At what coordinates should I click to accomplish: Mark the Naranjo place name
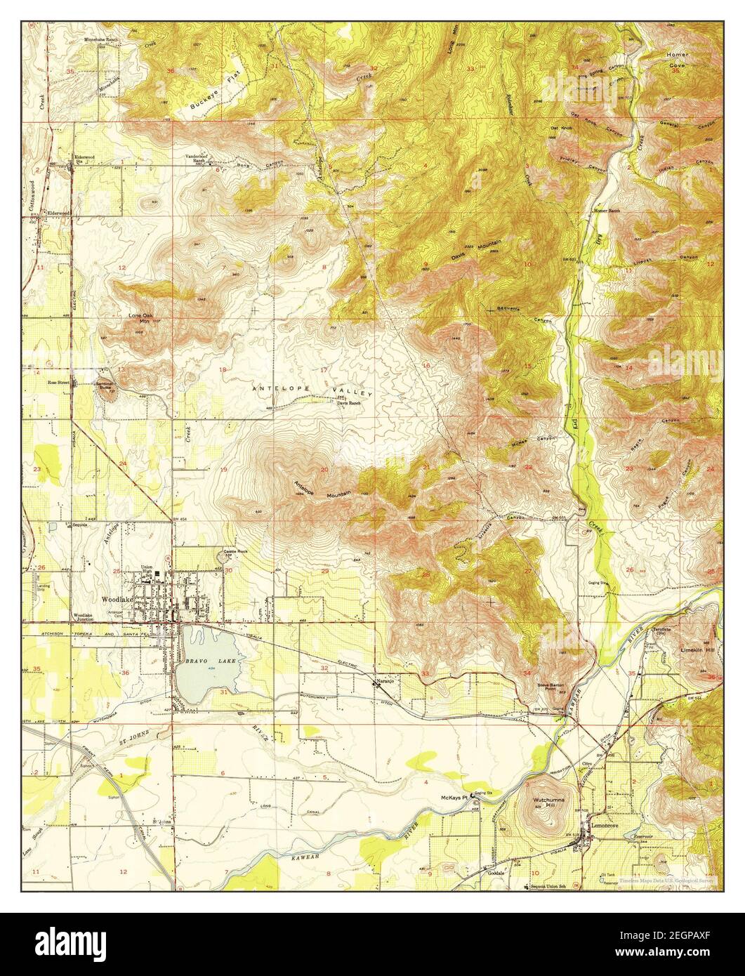point(383,682)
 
